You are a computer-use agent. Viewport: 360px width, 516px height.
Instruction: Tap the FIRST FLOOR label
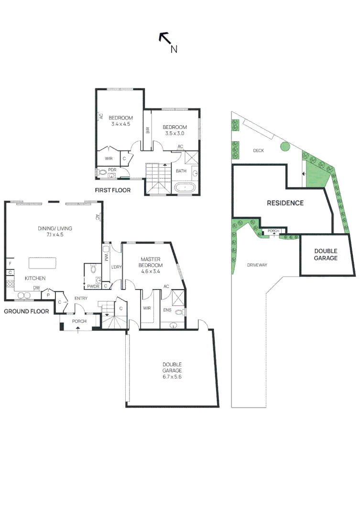pyautogui.click(x=112, y=190)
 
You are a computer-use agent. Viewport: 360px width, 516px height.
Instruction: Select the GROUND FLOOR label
pyautogui.click(x=26, y=311)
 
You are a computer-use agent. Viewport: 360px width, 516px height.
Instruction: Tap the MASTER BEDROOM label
pyautogui.click(x=150, y=262)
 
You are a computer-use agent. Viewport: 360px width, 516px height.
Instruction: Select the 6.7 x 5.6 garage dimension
pyautogui.click(x=172, y=376)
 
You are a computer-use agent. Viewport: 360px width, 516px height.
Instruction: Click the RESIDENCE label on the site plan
pyautogui.click(x=285, y=203)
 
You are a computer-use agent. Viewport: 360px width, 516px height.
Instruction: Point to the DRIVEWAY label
pyautogui.click(x=257, y=265)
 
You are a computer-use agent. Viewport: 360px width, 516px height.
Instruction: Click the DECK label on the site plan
pyautogui.click(x=259, y=150)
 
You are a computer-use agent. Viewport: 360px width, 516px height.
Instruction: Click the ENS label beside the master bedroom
pyautogui.click(x=167, y=310)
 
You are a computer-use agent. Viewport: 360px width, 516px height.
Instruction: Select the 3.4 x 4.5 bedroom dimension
pyautogui.click(x=120, y=124)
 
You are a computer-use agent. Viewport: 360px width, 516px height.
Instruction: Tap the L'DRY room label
pyautogui.click(x=116, y=267)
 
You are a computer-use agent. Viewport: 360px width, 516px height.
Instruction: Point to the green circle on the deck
pyautogui.click(x=285, y=147)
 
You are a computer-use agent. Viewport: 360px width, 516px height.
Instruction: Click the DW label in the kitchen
pyautogui.click(x=36, y=288)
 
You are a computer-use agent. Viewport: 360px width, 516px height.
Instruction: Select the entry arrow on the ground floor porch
pyautogui.click(x=79, y=329)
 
